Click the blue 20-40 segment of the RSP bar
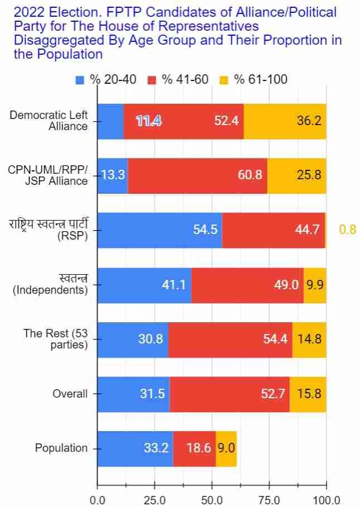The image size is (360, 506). pos(160,230)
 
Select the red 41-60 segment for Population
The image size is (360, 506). pos(194,448)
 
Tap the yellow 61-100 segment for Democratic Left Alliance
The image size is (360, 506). pos(285,121)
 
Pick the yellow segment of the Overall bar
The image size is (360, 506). pos(308,394)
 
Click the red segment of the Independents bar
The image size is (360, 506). pos(247,285)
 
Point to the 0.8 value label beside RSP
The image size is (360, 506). pos(347,230)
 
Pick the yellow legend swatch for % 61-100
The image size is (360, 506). pos(224,80)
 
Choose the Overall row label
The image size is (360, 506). pos(70,394)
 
